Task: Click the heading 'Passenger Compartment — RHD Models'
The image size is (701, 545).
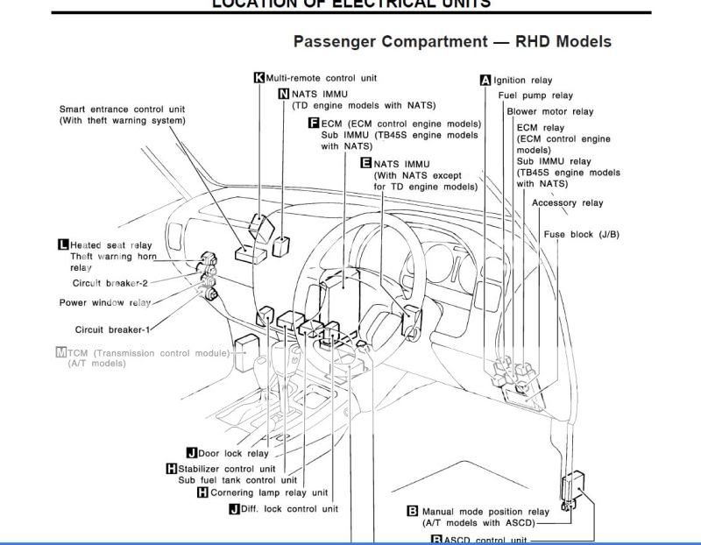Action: [x=452, y=42]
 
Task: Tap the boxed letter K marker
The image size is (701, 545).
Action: [x=258, y=78]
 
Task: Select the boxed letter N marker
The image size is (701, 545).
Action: [x=284, y=94]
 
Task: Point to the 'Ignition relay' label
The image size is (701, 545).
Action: [x=523, y=81]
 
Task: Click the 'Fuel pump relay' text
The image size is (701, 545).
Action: [x=535, y=96]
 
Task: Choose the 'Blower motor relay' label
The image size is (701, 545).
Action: [x=549, y=111]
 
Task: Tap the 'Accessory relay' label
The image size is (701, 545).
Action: [x=567, y=203]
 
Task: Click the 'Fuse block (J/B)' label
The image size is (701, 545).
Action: [x=581, y=235]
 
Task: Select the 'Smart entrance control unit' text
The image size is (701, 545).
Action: [x=122, y=110]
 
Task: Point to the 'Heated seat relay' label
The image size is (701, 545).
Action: [x=110, y=245]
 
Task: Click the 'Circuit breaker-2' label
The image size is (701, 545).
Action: [x=110, y=283]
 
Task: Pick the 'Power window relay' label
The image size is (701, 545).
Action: [x=104, y=303]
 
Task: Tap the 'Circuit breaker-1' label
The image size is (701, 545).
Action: [x=112, y=329]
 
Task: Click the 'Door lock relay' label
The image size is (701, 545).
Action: [x=233, y=454]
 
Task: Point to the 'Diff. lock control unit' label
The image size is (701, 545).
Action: [x=289, y=509]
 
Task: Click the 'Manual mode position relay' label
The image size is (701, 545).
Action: [x=485, y=512]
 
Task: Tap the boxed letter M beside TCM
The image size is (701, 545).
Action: [x=60, y=352]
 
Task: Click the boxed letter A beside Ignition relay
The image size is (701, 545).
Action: [x=485, y=81]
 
